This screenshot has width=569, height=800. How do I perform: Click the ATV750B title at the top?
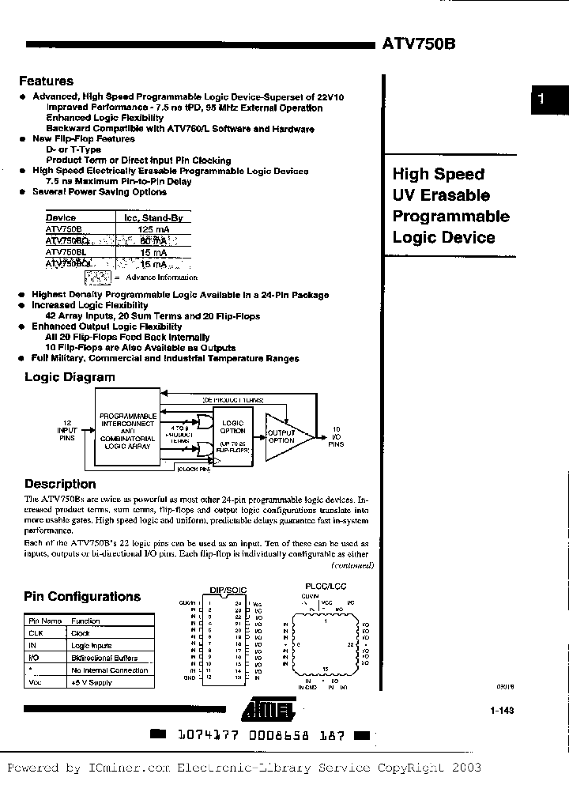point(418,46)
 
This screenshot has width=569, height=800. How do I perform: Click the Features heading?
point(46,81)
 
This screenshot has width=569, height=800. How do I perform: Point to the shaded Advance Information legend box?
point(96,277)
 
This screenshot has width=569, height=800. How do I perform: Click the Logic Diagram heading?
point(70,377)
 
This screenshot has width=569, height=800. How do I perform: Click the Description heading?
point(60,484)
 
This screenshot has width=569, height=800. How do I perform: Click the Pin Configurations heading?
point(82,597)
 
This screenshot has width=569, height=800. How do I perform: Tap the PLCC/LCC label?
point(325,586)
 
